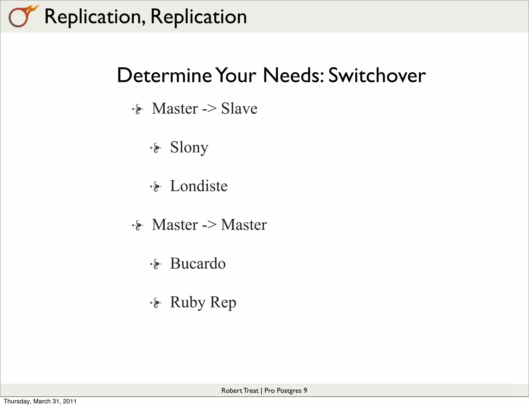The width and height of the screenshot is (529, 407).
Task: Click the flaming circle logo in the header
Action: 22,16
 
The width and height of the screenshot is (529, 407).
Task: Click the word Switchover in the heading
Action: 377,75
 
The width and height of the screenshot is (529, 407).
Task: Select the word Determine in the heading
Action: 164,75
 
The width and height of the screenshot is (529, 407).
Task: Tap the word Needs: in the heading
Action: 293,75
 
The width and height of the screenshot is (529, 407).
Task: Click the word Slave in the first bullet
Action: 239,108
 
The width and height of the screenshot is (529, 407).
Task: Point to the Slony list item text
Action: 189,148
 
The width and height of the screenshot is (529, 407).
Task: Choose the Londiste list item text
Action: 199,186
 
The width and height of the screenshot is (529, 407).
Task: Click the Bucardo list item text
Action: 198,263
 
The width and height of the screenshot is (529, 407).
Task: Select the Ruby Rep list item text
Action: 203,302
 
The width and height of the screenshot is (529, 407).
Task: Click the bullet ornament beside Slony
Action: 156,148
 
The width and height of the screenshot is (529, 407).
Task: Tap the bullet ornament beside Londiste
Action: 156,187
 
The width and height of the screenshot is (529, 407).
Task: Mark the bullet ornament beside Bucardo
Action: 156,264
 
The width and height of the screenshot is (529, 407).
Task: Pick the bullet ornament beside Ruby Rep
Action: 156,303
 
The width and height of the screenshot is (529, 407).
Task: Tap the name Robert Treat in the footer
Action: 240,390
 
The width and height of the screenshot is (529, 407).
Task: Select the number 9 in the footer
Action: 305,390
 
